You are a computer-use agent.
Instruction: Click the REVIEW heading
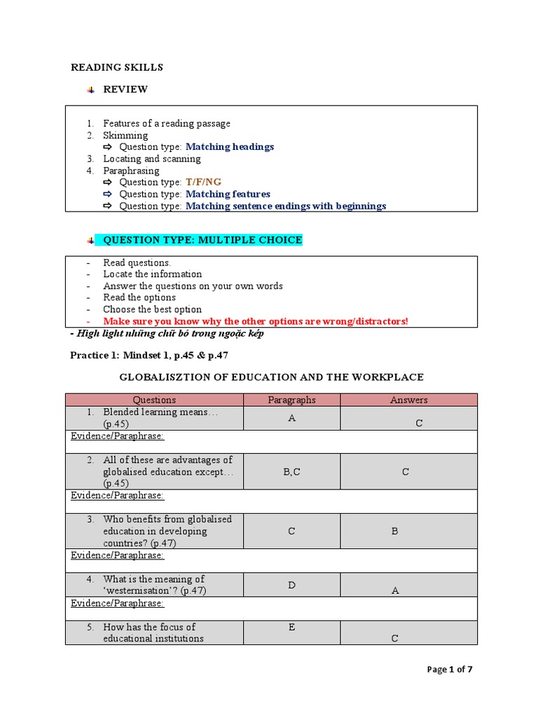(x=125, y=90)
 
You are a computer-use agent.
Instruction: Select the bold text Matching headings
(x=230, y=147)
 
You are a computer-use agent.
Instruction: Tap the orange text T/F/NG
(x=203, y=182)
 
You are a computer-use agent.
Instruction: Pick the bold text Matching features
(x=228, y=194)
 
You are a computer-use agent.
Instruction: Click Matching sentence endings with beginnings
(x=286, y=206)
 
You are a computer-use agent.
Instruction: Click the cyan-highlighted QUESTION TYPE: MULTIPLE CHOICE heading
(x=202, y=240)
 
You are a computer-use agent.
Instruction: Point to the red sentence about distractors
(x=255, y=321)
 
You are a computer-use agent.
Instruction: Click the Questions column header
(x=154, y=400)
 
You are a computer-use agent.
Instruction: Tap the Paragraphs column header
(x=291, y=400)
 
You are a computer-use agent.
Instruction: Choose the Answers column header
(x=408, y=400)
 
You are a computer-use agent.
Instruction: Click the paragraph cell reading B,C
(x=291, y=472)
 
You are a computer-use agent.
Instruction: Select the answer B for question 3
(x=394, y=531)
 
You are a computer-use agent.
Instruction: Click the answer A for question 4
(x=395, y=591)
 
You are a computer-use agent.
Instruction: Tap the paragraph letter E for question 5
(x=291, y=627)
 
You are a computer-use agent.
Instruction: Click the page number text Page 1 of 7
(x=450, y=669)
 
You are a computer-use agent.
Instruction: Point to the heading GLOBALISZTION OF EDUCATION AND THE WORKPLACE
(x=271, y=377)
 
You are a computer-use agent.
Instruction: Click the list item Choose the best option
(x=152, y=309)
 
